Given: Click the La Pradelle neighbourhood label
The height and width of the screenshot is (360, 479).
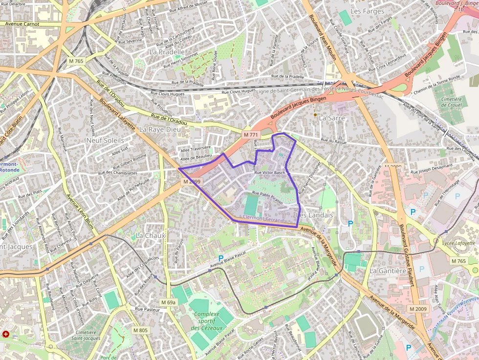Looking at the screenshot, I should point(167,51).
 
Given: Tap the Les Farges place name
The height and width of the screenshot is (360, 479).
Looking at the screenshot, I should point(368,11).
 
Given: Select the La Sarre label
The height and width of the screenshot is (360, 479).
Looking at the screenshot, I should point(332,118).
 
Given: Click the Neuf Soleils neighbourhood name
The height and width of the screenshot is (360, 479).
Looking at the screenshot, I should point(105,140).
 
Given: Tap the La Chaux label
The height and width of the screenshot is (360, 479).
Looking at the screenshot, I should point(151,235).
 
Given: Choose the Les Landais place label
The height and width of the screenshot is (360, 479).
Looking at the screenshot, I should point(315,215).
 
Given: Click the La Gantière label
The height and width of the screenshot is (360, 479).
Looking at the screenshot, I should point(388,271).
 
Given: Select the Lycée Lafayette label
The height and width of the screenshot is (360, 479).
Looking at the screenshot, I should point(457,243).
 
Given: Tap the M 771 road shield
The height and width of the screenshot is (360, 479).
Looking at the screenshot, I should point(250,134).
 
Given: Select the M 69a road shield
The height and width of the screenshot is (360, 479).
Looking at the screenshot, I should point(168,302).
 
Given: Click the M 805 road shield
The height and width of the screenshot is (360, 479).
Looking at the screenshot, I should point(140,330).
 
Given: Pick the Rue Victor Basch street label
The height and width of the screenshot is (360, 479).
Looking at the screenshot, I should point(269,172).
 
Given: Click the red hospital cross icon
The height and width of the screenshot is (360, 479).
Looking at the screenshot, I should point(6,334).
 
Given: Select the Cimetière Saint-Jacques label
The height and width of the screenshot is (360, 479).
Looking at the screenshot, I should point(86,335).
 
